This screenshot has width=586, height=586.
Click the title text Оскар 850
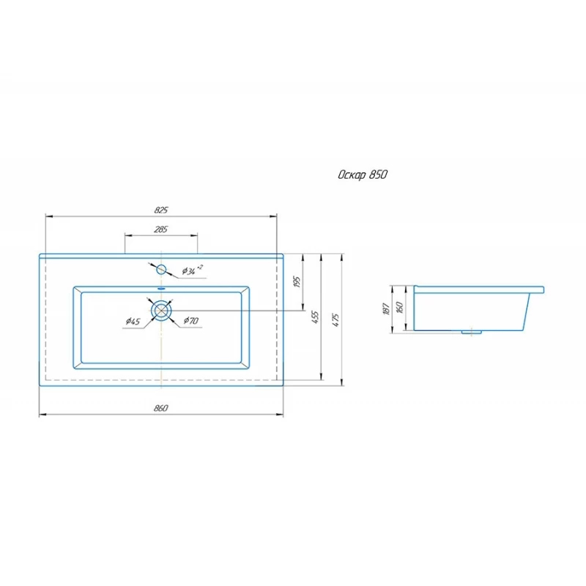pyautogui.click(x=363, y=175)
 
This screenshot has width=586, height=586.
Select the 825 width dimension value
pyautogui.click(x=161, y=210)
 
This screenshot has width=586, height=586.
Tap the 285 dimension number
pyautogui.click(x=160, y=229)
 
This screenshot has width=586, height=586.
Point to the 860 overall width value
pyautogui.click(x=161, y=408)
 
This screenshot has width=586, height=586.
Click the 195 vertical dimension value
pyautogui.click(x=297, y=281)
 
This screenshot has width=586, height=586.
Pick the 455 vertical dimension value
pyautogui.click(x=316, y=317)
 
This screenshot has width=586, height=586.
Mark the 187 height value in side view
pyautogui.click(x=387, y=308)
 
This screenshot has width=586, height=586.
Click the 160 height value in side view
pyautogui.click(x=399, y=307)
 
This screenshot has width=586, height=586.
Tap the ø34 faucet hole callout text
pyautogui.click(x=192, y=270)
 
